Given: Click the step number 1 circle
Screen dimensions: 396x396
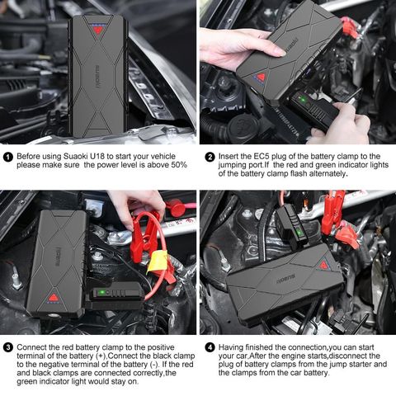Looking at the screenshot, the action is click(8, 157).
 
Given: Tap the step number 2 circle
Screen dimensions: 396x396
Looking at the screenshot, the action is click(210, 157).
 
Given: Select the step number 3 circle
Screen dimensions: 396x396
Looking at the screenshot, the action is click(8, 347).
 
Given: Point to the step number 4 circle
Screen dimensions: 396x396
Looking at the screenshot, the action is click(210, 347).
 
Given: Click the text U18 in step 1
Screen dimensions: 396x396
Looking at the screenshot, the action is click(97, 156).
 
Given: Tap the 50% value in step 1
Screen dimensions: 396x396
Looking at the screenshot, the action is click(178, 165).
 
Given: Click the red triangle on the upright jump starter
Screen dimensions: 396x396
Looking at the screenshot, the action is click(97, 29).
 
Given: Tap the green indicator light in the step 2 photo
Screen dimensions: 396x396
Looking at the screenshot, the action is click(303, 99).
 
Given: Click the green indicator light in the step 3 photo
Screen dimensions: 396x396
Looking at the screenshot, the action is click(101, 292).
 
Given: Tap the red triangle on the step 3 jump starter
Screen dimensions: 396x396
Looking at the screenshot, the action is click(54, 298).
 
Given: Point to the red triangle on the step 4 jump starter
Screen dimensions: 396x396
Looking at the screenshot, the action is click(324, 265).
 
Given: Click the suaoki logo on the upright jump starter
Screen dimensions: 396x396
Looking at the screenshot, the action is click(97, 77).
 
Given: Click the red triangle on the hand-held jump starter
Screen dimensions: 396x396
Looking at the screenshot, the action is click(261, 77).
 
